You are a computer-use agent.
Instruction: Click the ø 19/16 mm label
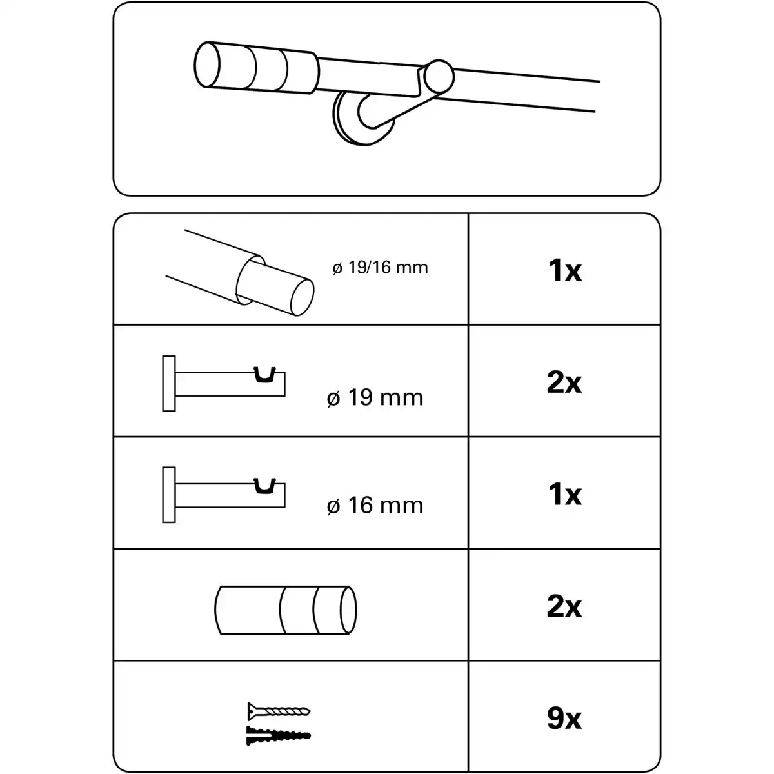[380, 267]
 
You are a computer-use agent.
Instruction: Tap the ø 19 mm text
[375, 397]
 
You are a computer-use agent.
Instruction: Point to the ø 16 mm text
[375, 505]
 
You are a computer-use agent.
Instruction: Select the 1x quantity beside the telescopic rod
[564, 270]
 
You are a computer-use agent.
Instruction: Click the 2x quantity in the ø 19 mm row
[564, 382]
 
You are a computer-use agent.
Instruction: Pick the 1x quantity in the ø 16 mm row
[564, 494]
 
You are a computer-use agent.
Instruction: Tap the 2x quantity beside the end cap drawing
[564, 606]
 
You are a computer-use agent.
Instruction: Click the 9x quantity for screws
[564, 718]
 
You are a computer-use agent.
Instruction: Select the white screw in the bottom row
[279, 712]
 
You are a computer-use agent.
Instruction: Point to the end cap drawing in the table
[286, 610]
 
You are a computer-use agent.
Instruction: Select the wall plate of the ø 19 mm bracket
[169, 384]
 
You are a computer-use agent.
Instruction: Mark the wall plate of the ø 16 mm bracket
[169, 494]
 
